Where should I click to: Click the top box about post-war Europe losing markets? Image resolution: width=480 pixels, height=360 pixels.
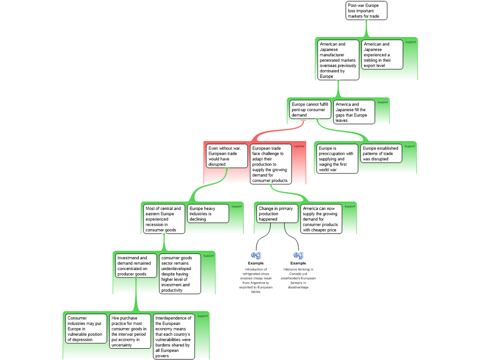367,11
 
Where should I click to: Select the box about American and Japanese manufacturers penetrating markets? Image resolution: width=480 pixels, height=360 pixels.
338,60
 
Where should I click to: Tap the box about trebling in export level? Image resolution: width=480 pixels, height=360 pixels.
382,54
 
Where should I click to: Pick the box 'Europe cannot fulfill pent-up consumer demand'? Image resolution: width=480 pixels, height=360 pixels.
310,110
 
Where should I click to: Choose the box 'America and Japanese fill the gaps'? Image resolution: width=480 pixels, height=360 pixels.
354,112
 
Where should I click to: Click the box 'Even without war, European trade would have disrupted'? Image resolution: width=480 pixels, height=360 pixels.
227,156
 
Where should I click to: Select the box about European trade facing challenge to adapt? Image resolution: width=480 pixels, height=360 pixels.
270,164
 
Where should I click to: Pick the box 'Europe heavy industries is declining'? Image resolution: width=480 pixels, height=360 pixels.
208,213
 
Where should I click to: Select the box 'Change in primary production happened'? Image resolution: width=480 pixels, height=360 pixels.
277,214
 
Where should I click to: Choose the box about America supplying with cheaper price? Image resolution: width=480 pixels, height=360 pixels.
321,219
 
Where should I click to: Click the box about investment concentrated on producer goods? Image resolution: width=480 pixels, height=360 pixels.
136,266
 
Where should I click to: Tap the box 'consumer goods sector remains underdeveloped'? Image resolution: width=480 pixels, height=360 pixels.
180,274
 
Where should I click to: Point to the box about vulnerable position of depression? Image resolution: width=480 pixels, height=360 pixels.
86,329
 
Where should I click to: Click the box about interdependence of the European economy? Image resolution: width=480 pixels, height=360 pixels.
174,337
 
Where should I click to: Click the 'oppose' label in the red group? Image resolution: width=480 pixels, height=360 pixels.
299,146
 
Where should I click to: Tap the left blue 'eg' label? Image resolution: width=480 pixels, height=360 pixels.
256,255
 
